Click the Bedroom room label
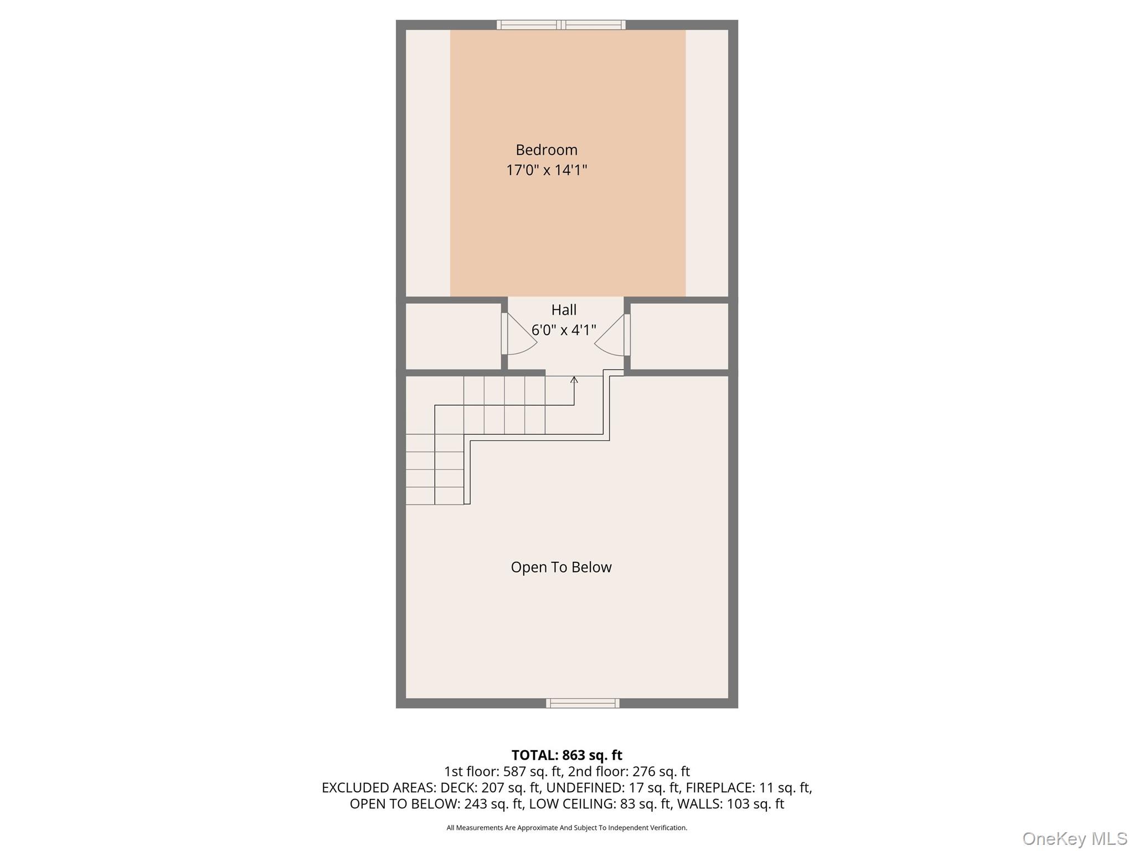547,150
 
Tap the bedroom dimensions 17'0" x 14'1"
547,170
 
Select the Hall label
564,310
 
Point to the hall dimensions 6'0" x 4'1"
564,330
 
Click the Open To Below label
561,567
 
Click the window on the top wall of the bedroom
561,25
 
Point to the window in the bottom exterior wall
583,703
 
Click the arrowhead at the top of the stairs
574,380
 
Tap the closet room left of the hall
453,336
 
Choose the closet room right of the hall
679,336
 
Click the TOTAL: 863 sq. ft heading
566,755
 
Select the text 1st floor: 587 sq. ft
502,771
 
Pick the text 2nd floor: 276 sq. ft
629,771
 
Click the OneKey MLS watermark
1074,838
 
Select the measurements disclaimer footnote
566,828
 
